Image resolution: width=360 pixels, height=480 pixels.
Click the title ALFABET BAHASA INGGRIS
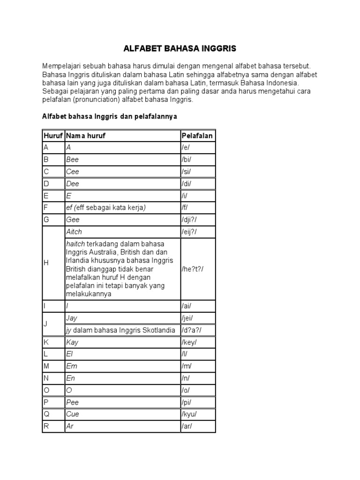(180, 48)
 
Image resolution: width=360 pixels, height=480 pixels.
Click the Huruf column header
(53, 135)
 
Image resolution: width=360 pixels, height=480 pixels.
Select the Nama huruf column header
(86, 135)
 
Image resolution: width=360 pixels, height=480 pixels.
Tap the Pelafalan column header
(197, 135)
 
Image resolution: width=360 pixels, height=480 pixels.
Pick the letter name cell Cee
(73, 172)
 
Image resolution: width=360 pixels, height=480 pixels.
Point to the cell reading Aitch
(75, 232)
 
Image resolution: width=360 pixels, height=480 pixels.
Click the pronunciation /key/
(189, 342)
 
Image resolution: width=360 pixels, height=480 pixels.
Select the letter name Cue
(73, 414)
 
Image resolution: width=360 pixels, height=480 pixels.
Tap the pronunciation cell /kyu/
(189, 414)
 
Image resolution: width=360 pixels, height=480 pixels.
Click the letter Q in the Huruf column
(46, 414)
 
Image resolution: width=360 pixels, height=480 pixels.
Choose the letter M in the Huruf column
(46, 366)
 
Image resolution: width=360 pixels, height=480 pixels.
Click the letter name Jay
(72, 318)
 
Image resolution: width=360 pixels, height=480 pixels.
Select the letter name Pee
(73, 402)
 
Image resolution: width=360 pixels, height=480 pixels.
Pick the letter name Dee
(73, 184)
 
